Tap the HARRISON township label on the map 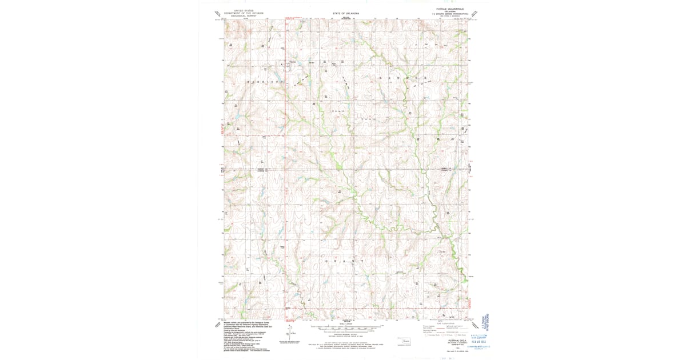tap(265, 82)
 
